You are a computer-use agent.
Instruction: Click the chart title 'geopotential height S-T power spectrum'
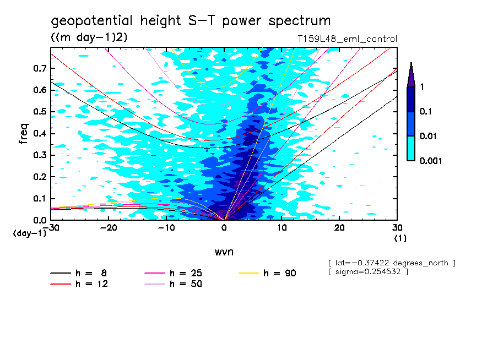191,21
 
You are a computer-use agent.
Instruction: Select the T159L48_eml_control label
347,39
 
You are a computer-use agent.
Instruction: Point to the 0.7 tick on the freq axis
40,68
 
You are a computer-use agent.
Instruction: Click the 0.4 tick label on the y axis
40,134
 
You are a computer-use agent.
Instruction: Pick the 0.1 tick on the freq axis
40,199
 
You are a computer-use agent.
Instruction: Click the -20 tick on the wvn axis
109,228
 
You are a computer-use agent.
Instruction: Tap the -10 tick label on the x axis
166,228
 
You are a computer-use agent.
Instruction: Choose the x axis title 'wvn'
224,252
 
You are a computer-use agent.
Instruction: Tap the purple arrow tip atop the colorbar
411,74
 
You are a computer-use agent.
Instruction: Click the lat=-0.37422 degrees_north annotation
391,263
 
